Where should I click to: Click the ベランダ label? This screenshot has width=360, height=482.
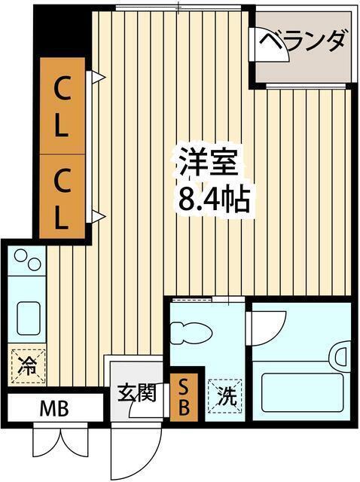pos(303,40)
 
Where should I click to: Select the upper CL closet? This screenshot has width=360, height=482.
pos(61,105)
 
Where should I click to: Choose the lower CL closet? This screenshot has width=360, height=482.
pos(61,200)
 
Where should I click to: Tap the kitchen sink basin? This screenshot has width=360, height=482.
pos(28,318)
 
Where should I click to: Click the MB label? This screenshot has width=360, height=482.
pos(53,410)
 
